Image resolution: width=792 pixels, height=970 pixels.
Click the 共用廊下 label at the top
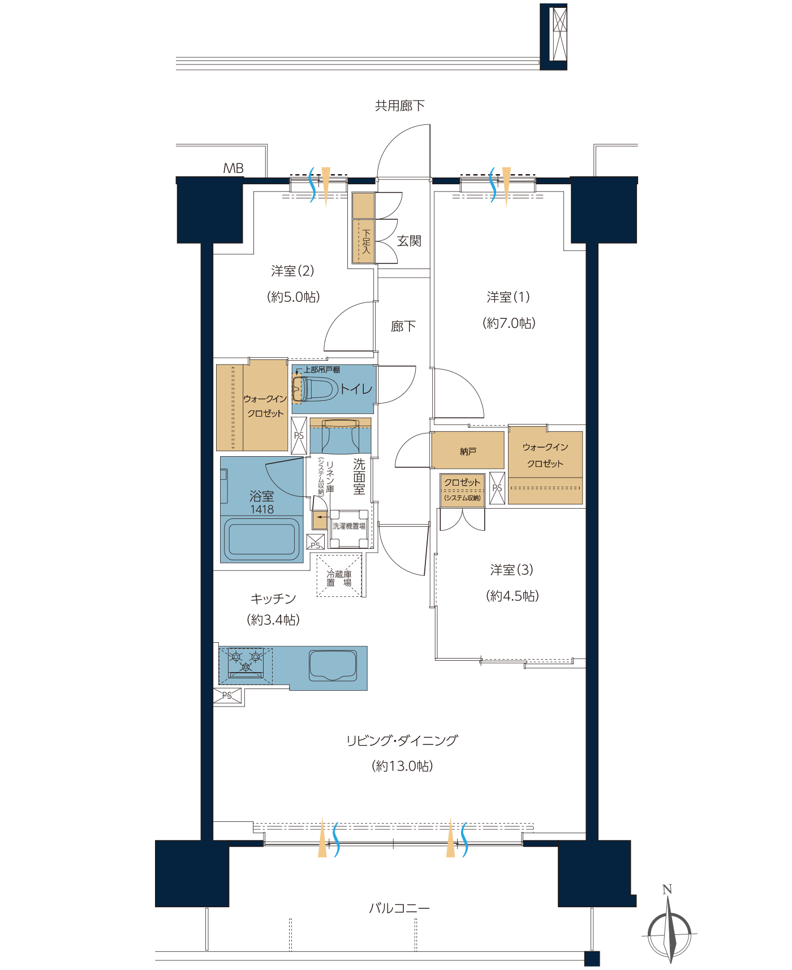click(399, 106)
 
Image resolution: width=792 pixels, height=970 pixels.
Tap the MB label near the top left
click(233, 168)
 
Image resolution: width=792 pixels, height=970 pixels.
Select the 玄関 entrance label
click(408, 241)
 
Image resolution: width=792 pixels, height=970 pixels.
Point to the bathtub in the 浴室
click(261, 537)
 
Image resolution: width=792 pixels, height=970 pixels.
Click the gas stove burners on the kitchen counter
click(246, 662)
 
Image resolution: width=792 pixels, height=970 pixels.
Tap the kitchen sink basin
click(333, 665)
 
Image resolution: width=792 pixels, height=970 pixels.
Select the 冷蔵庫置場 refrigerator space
click(339, 576)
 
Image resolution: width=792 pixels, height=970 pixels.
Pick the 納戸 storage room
click(468, 451)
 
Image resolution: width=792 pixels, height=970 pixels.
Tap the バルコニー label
click(399, 908)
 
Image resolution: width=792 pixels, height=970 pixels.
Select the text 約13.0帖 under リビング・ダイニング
click(402, 766)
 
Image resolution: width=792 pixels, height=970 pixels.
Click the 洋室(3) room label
click(511, 570)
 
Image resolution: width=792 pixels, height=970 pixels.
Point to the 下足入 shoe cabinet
click(363, 241)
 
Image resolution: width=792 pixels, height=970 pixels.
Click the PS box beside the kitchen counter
click(227, 696)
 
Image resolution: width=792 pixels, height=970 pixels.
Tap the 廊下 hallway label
click(403, 326)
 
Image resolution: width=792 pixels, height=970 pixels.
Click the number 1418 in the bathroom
click(262, 509)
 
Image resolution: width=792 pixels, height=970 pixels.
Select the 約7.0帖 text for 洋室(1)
click(509, 323)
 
